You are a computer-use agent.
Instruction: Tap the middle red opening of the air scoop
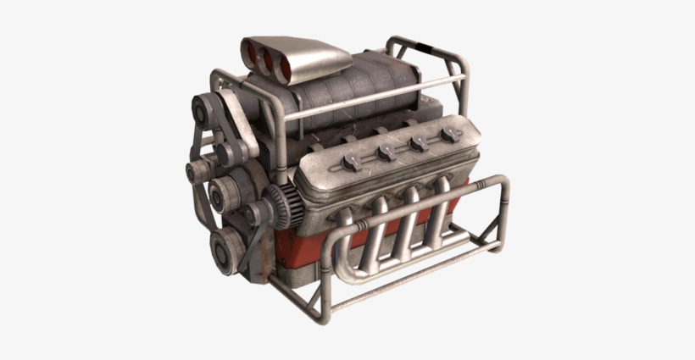point(265,60)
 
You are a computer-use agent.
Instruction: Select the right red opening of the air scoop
point(281,65)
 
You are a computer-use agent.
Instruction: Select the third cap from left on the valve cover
point(418,143)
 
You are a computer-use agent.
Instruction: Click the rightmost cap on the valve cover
point(448,135)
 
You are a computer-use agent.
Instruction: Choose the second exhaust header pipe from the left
point(406,219)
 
